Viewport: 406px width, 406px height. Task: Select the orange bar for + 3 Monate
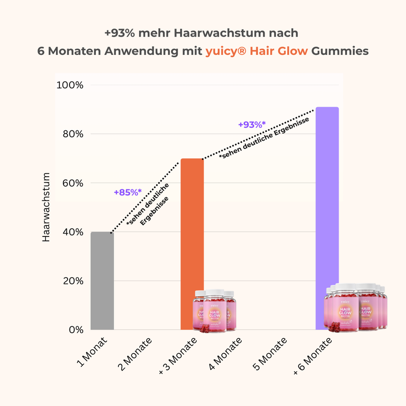pos(192,228)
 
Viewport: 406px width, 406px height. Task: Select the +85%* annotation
pos(127,192)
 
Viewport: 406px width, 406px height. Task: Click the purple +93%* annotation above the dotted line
pos(252,124)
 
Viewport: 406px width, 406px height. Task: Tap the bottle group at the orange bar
pos(214,311)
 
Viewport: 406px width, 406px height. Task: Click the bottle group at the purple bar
pos(355,308)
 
